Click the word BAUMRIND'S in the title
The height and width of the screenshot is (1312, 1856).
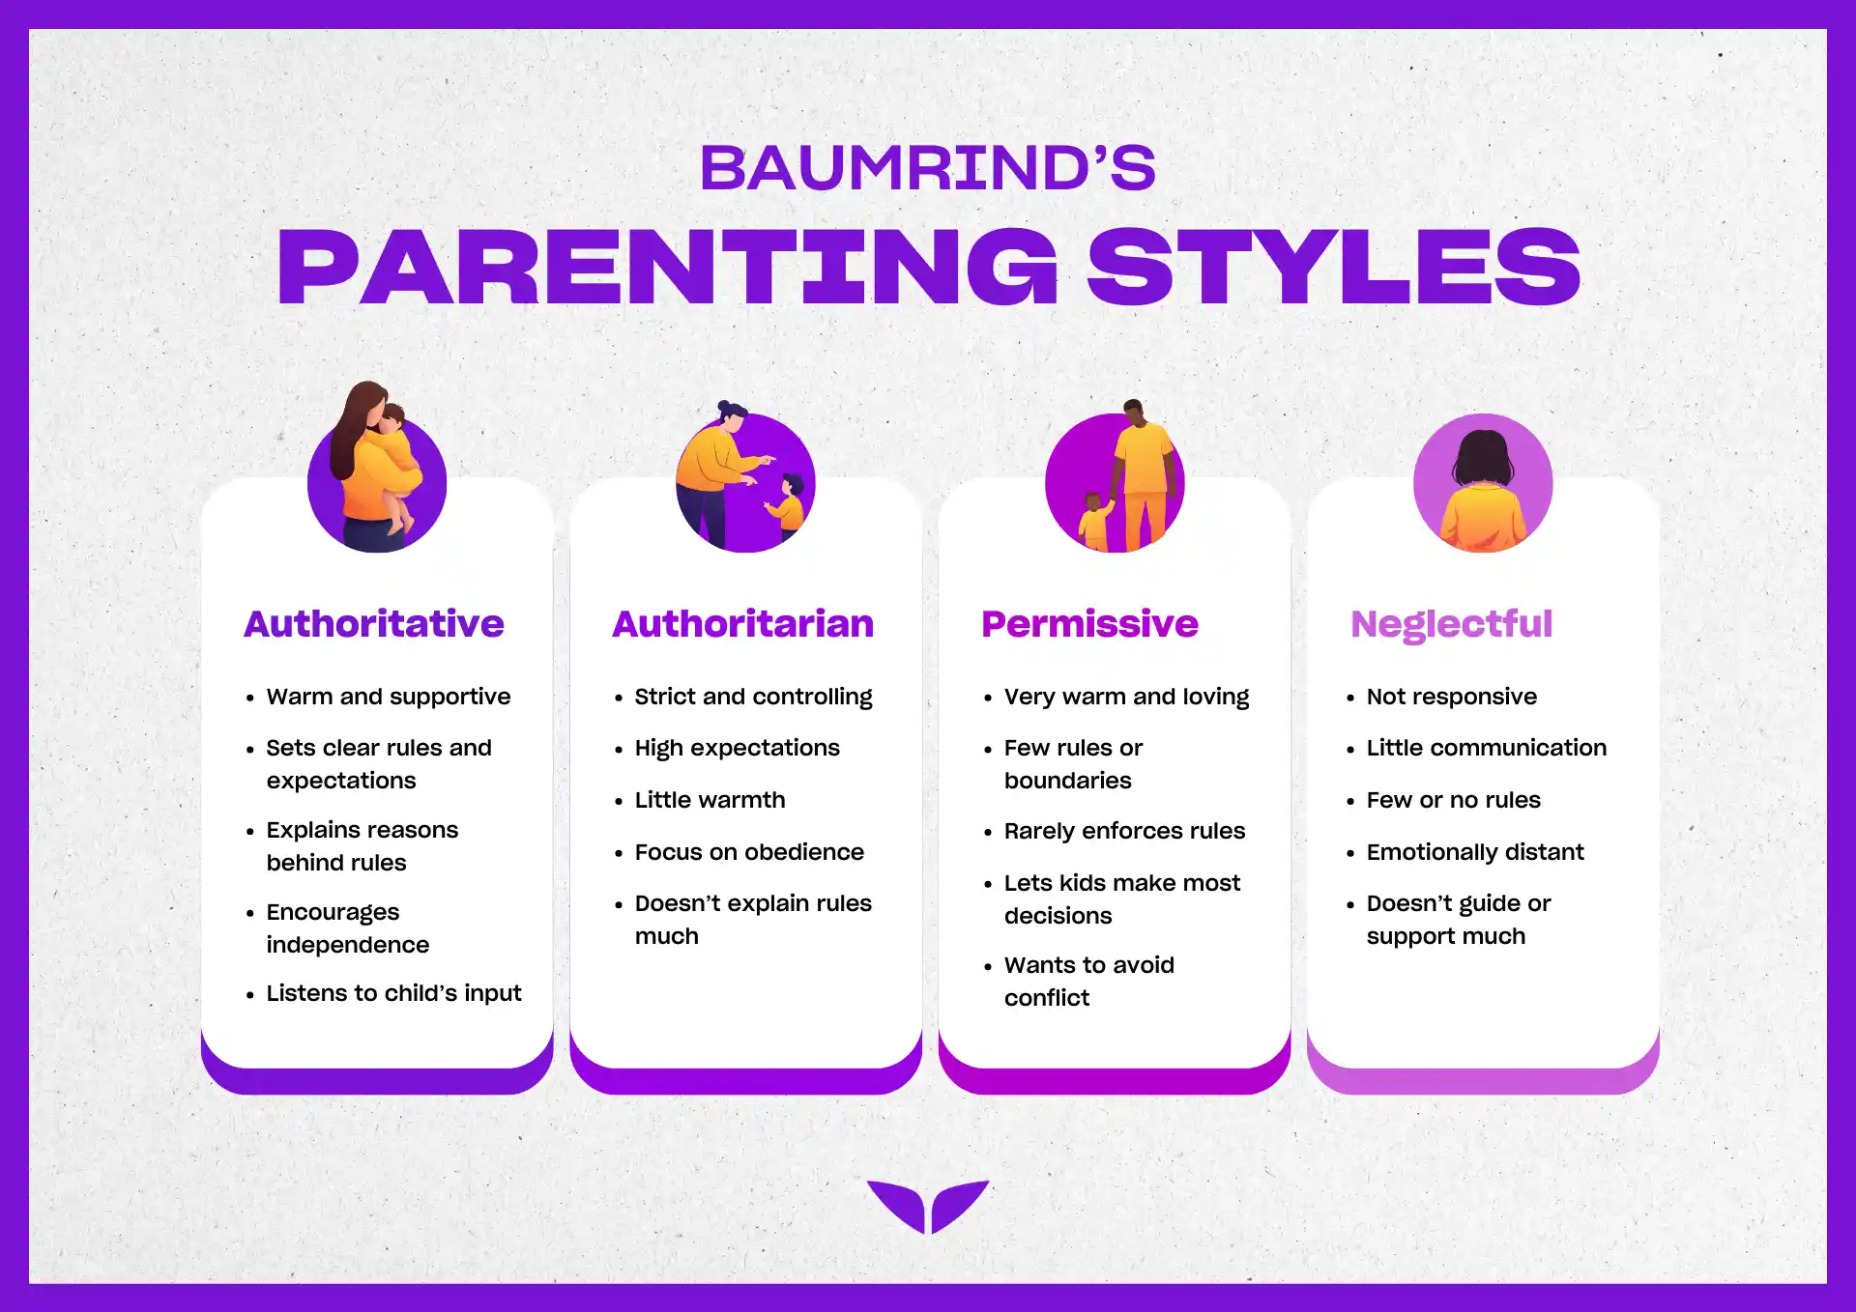pyautogui.click(x=928, y=168)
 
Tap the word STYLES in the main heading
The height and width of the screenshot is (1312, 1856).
pyautogui.click(x=1334, y=267)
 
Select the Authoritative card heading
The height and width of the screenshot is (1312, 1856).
pyautogui.click(x=374, y=624)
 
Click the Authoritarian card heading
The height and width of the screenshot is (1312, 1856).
pyautogui.click(x=742, y=624)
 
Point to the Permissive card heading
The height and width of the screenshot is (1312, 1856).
pyautogui.click(x=1089, y=624)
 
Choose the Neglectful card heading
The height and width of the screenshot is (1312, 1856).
pyautogui.click(x=1451, y=625)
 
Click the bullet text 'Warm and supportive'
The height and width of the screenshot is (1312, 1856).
pyautogui.click(x=389, y=697)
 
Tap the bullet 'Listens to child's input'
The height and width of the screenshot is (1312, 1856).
pyautogui.click(x=393, y=993)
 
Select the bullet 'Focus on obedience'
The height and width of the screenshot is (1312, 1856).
pyautogui.click(x=749, y=852)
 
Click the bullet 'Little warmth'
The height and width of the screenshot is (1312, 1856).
pyautogui.click(x=710, y=800)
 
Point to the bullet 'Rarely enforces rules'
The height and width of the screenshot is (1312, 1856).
pyautogui.click(x=1124, y=831)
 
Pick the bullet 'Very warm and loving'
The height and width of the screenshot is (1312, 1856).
pyautogui.click(x=1126, y=697)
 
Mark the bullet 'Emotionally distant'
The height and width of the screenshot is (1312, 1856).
pyautogui.click(x=1475, y=852)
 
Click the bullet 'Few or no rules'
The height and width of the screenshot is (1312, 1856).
pyautogui.click(x=1453, y=800)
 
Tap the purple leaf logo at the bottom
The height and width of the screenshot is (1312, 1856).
pyautogui.click(x=928, y=1207)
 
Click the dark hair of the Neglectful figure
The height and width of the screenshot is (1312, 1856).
pyautogui.click(x=1483, y=457)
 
